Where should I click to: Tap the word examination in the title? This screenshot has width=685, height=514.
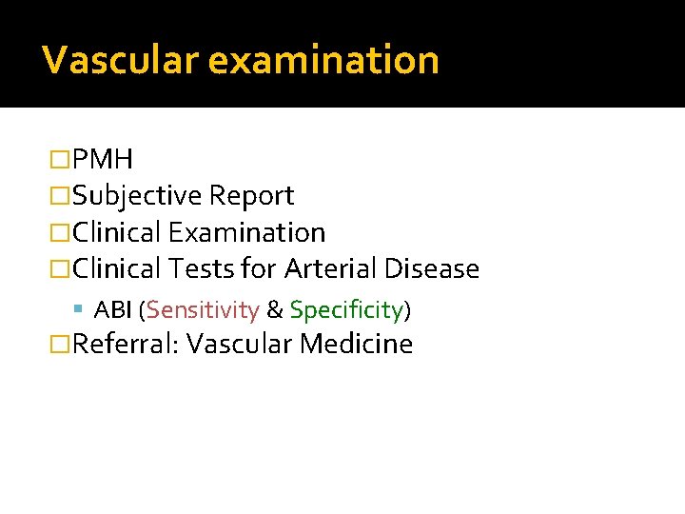click(323, 60)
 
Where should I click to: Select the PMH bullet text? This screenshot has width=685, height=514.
click(103, 159)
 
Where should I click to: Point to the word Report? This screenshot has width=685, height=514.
click(251, 196)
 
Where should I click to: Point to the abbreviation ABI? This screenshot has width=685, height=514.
click(115, 309)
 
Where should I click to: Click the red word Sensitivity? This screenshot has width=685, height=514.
click(203, 310)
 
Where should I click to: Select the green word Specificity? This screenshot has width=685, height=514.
click(346, 310)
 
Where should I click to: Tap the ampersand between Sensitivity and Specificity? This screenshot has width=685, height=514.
click(274, 310)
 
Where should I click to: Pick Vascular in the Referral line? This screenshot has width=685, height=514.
click(239, 344)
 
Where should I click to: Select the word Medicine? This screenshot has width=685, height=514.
click(356, 344)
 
